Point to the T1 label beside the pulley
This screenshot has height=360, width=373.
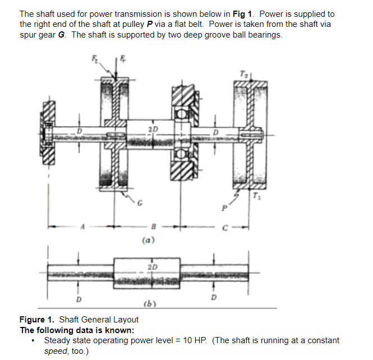pos(256,196)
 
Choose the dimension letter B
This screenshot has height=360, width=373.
pos(153,228)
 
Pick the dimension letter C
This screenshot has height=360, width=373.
pos(224,228)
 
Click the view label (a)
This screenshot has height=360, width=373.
pos(149,239)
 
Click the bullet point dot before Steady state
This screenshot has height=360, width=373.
pos(35,340)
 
